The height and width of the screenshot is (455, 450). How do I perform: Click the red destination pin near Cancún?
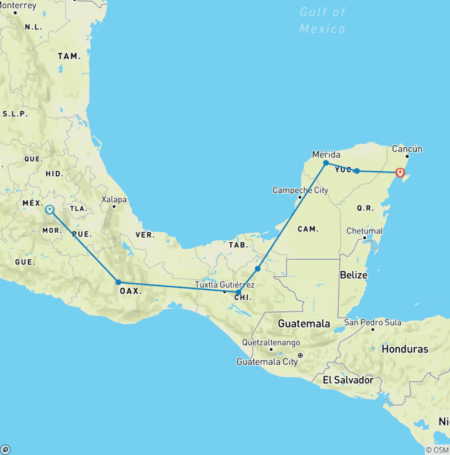click(400, 172)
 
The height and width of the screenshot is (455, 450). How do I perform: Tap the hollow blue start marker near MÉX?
click(50, 209)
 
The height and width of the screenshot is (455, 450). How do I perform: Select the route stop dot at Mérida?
click(326, 163)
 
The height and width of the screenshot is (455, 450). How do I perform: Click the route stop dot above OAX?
click(118, 282)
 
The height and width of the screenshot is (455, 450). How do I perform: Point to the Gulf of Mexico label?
click(322, 20)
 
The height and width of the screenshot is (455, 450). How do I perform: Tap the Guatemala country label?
click(304, 323)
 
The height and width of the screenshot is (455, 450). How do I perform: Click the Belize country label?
click(354, 275)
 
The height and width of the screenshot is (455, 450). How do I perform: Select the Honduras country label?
click(405, 349)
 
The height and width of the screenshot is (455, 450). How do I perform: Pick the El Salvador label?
click(348, 380)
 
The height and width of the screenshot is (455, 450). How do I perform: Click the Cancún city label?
click(407, 149)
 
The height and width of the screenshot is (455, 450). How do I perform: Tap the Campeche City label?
click(300, 190)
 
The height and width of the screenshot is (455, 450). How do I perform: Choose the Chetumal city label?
click(364, 230)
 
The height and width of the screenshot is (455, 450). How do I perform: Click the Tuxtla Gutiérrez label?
click(224, 285)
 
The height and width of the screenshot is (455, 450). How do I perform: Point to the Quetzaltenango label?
click(271, 342)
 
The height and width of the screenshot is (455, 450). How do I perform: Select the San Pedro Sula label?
click(372, 322)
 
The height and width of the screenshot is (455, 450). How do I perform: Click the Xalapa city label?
click(114, 199)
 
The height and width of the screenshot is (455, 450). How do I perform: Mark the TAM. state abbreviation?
click(69, 56)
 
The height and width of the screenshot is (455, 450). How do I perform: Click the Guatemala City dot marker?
click(300, 355)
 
